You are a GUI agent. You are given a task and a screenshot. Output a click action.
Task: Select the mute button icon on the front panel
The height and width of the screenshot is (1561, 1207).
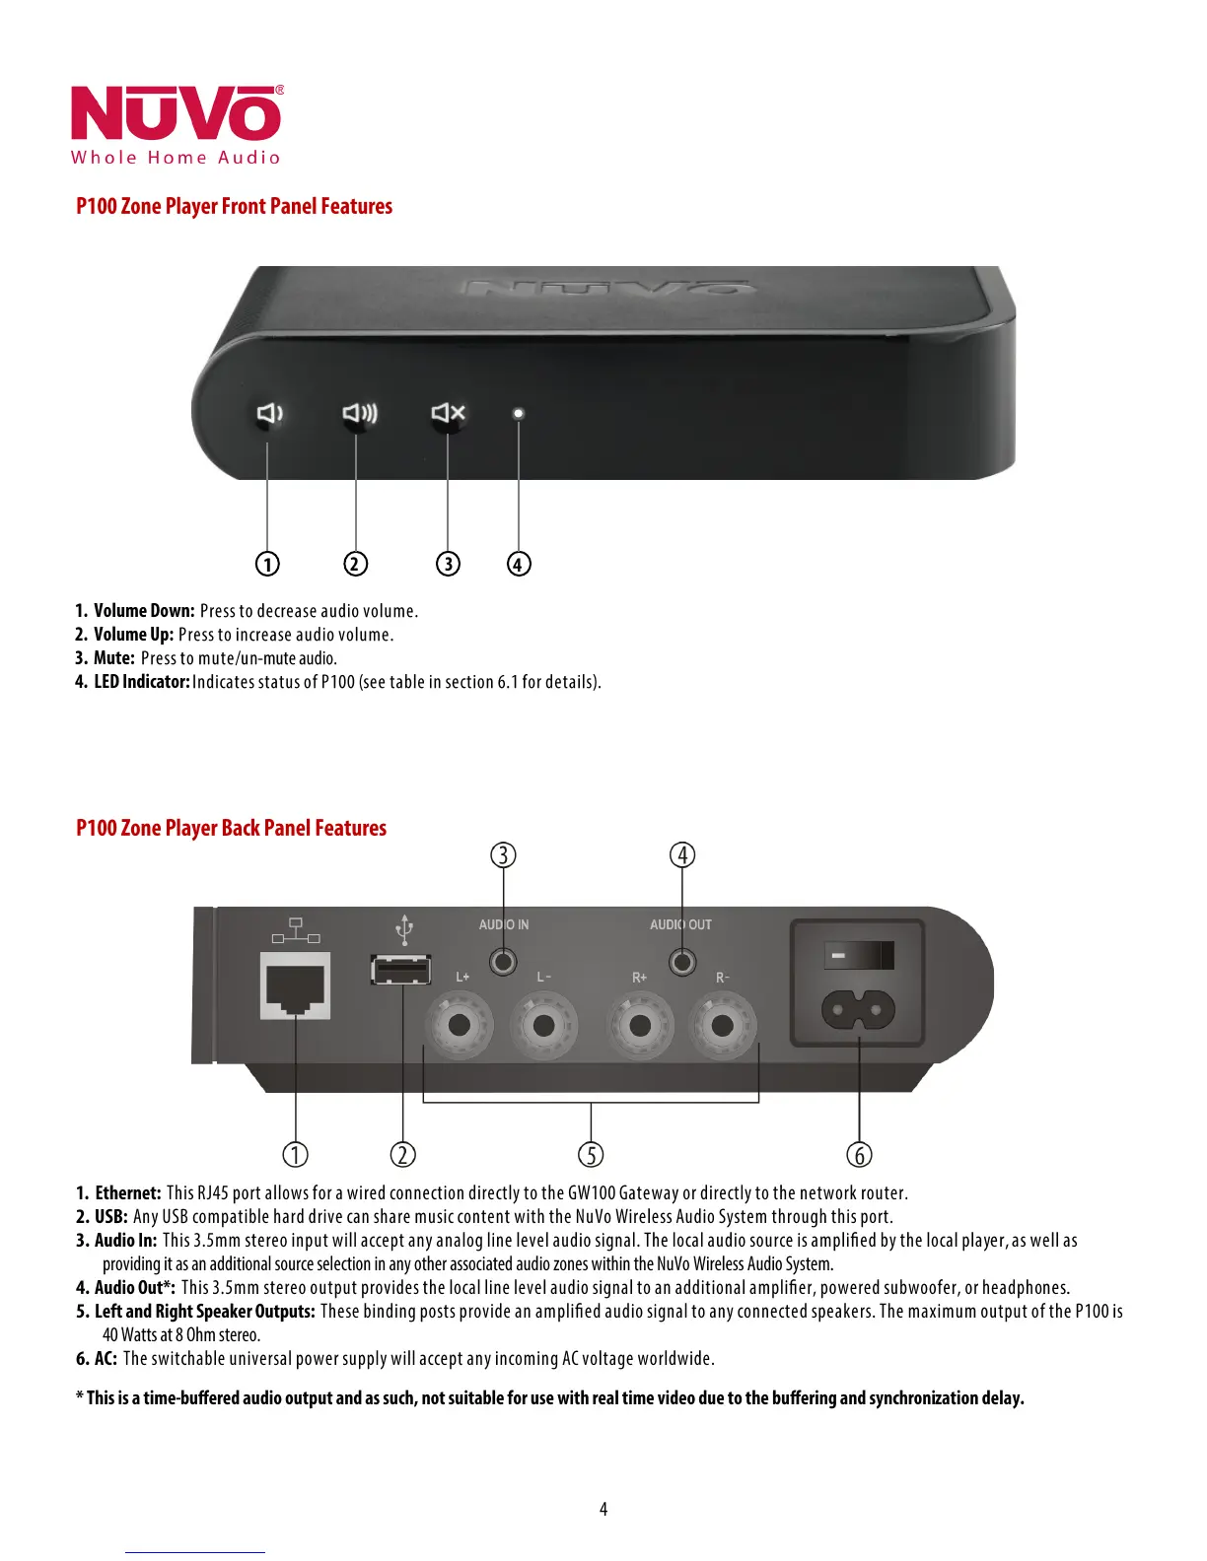tap(448, 412)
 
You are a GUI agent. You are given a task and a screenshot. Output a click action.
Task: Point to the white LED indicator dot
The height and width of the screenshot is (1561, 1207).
tap(519, 414)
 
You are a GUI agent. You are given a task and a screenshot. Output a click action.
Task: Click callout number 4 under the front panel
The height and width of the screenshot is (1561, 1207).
tap(519, 564)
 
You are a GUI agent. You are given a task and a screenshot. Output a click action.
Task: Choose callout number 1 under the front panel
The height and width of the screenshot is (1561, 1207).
tap(267, 564)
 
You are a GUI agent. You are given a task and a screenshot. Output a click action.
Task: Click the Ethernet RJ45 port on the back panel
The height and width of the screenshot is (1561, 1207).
tap(295, 985)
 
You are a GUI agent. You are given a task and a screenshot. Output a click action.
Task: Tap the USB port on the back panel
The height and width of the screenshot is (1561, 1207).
tap(400, 970)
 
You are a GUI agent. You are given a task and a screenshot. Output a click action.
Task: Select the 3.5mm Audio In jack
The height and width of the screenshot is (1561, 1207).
tap(503, 961)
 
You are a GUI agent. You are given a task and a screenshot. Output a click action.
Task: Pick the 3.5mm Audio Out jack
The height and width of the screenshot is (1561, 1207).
tap(682, 961)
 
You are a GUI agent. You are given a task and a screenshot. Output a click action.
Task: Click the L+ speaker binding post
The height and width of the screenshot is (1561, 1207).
tap(459, 1025)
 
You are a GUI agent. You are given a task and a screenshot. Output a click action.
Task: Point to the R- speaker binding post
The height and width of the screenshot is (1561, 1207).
tap(722, 1025)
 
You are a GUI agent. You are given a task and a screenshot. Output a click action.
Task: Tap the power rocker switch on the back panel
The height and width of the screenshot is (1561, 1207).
tap(858, 956)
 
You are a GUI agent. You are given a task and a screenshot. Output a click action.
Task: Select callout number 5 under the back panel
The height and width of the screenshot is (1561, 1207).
tap(591, 1154)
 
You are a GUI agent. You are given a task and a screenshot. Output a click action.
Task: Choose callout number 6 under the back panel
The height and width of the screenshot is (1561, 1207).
tap(859, 1154)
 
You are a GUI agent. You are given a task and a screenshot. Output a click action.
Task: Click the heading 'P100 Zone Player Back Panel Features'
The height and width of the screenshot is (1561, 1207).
tap(231, 828)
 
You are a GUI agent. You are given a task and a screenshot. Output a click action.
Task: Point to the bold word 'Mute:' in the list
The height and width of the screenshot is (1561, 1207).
tap(113, 658)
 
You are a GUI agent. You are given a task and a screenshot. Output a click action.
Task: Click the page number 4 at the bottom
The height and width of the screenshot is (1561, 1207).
tap(603, 1509)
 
